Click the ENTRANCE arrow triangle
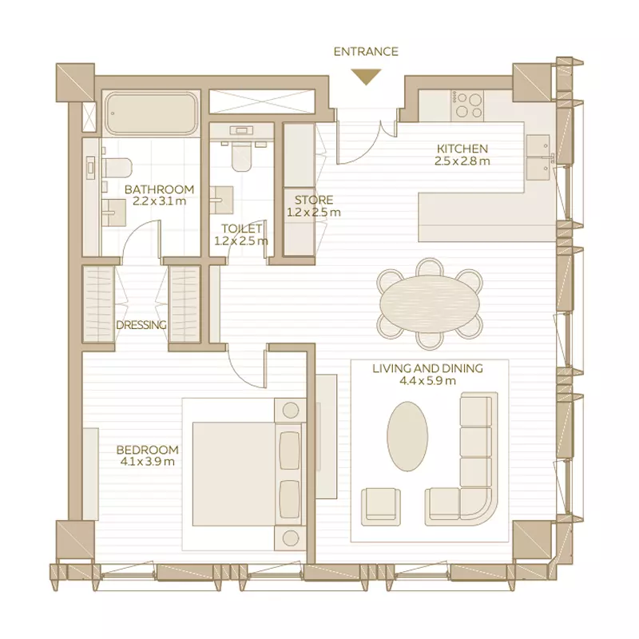point(367,76)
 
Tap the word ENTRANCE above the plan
point(366,52)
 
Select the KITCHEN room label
point(462,149)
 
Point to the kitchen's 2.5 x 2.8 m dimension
point(462,161)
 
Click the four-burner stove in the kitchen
point(467,105)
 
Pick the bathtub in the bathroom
point(151,113)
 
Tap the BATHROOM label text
point(159,189)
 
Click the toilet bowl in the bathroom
point(117,169)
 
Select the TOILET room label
point(242,228)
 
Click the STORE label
point(314,200)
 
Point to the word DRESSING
point(141,325)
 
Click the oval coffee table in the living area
point(407,436)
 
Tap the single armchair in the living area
point(381,507)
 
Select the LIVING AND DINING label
point(427,368)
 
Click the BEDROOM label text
point(148,450)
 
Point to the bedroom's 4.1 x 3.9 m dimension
point(148,462)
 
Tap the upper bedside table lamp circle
point(291,411)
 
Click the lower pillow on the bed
point(290,499)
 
